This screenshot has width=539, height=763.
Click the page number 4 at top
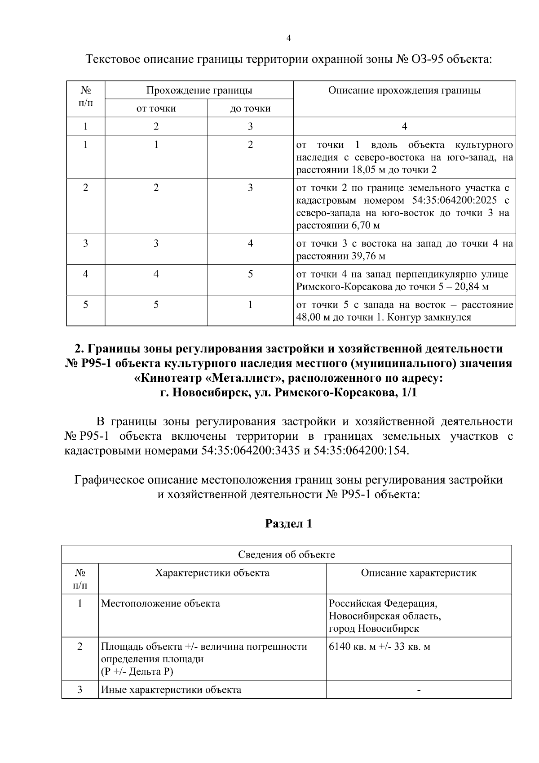coord(289,38)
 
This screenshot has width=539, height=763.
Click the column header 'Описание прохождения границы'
coord(404,90)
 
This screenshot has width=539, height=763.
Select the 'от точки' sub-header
coord(156,108)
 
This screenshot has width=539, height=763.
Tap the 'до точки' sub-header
coord(250,108)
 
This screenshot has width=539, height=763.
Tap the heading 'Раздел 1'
coord(288,524)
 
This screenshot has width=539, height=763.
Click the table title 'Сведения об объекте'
coord(286,554)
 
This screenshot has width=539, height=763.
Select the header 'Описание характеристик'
coord(419,573)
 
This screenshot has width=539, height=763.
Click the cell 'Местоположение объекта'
coord(160,603)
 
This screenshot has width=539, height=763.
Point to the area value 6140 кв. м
coord(353,647)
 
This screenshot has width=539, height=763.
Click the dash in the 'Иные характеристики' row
coord(419,690)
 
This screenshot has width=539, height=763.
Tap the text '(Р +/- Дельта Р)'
coord(137,672)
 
